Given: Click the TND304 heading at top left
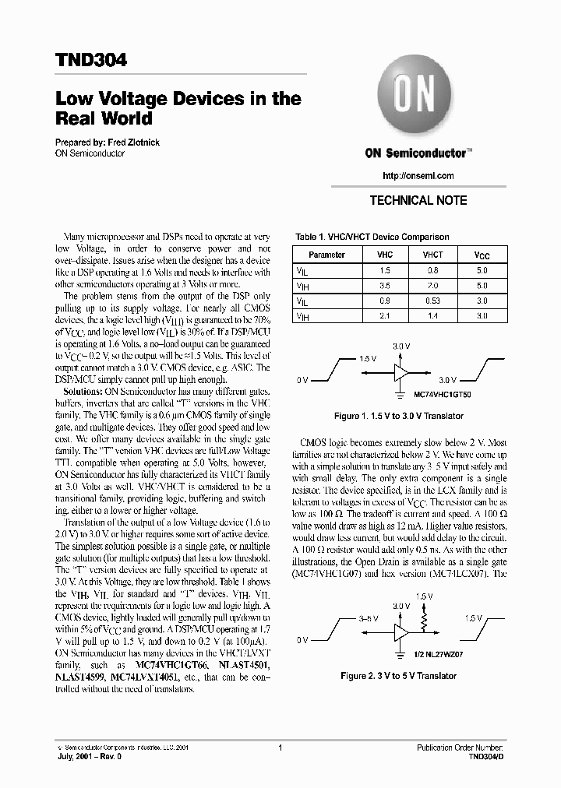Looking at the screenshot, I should (92, 60).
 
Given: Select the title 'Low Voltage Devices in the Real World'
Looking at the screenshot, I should (178, 109).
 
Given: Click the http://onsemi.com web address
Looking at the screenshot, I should (418, 176).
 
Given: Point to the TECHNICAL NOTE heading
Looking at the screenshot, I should (418, 200).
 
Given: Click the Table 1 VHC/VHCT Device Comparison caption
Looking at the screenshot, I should (371, 237).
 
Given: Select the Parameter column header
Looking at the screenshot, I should (326, 255).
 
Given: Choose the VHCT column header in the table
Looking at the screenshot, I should (432, 255).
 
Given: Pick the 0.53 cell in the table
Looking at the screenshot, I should (432, 301).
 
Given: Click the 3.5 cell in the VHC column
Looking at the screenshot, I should (385, 286).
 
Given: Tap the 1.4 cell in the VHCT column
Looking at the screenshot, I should (432, 316).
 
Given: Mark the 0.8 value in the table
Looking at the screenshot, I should (432, 270).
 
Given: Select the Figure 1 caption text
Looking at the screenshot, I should (400, 416).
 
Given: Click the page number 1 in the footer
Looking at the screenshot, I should (279, 748).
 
